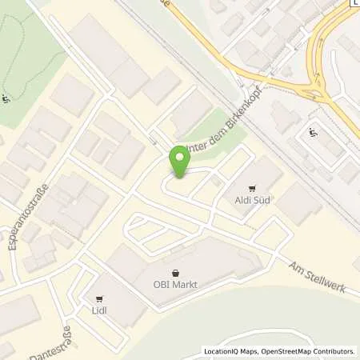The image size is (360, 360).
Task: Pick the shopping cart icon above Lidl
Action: click(100, 297)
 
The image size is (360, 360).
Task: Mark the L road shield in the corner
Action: click(354, 2)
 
